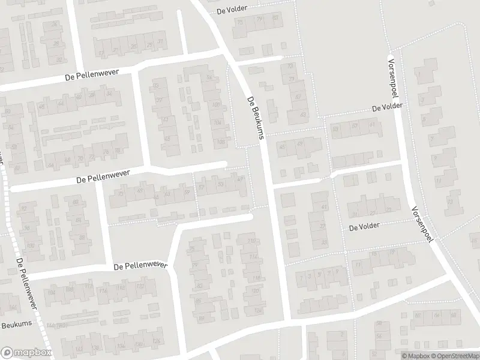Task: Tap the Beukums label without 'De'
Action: click(12, 325)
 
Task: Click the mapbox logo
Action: click(26, 353)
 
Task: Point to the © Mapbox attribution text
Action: click(415, 356)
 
